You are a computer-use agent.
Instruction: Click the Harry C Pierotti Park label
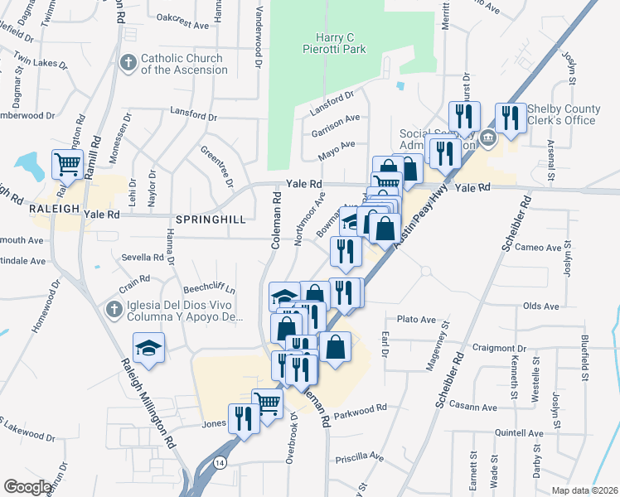coord(341,43)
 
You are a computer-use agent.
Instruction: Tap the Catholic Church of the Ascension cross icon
coord(128,63)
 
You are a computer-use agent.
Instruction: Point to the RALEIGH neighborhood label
coord(54,209)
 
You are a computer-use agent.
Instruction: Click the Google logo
coord(27,487)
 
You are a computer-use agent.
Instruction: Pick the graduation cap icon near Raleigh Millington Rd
coord(148,347)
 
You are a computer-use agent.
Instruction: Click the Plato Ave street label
coord(416,319)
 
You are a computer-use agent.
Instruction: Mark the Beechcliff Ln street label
coord(207,291)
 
